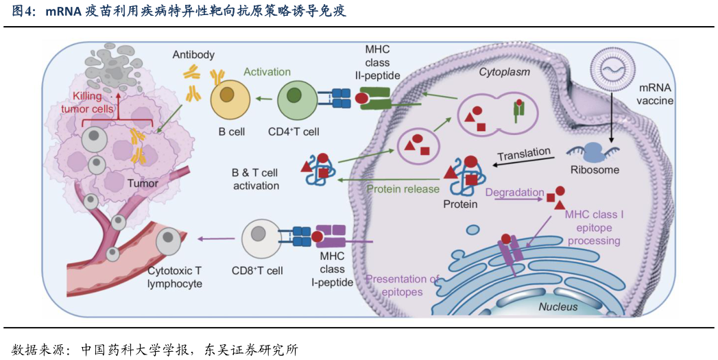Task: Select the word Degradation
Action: (x=514, y=193)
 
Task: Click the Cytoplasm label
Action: (x=504, y=72)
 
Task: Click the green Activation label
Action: (x=267, y=72)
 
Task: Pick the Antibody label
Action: (x=193, y=55)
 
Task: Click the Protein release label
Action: (x=403, y=189)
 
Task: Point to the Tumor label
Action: (x=143, y=183)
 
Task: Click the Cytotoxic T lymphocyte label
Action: (x=175, y=277)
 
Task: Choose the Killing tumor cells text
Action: (x=97, y=104)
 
